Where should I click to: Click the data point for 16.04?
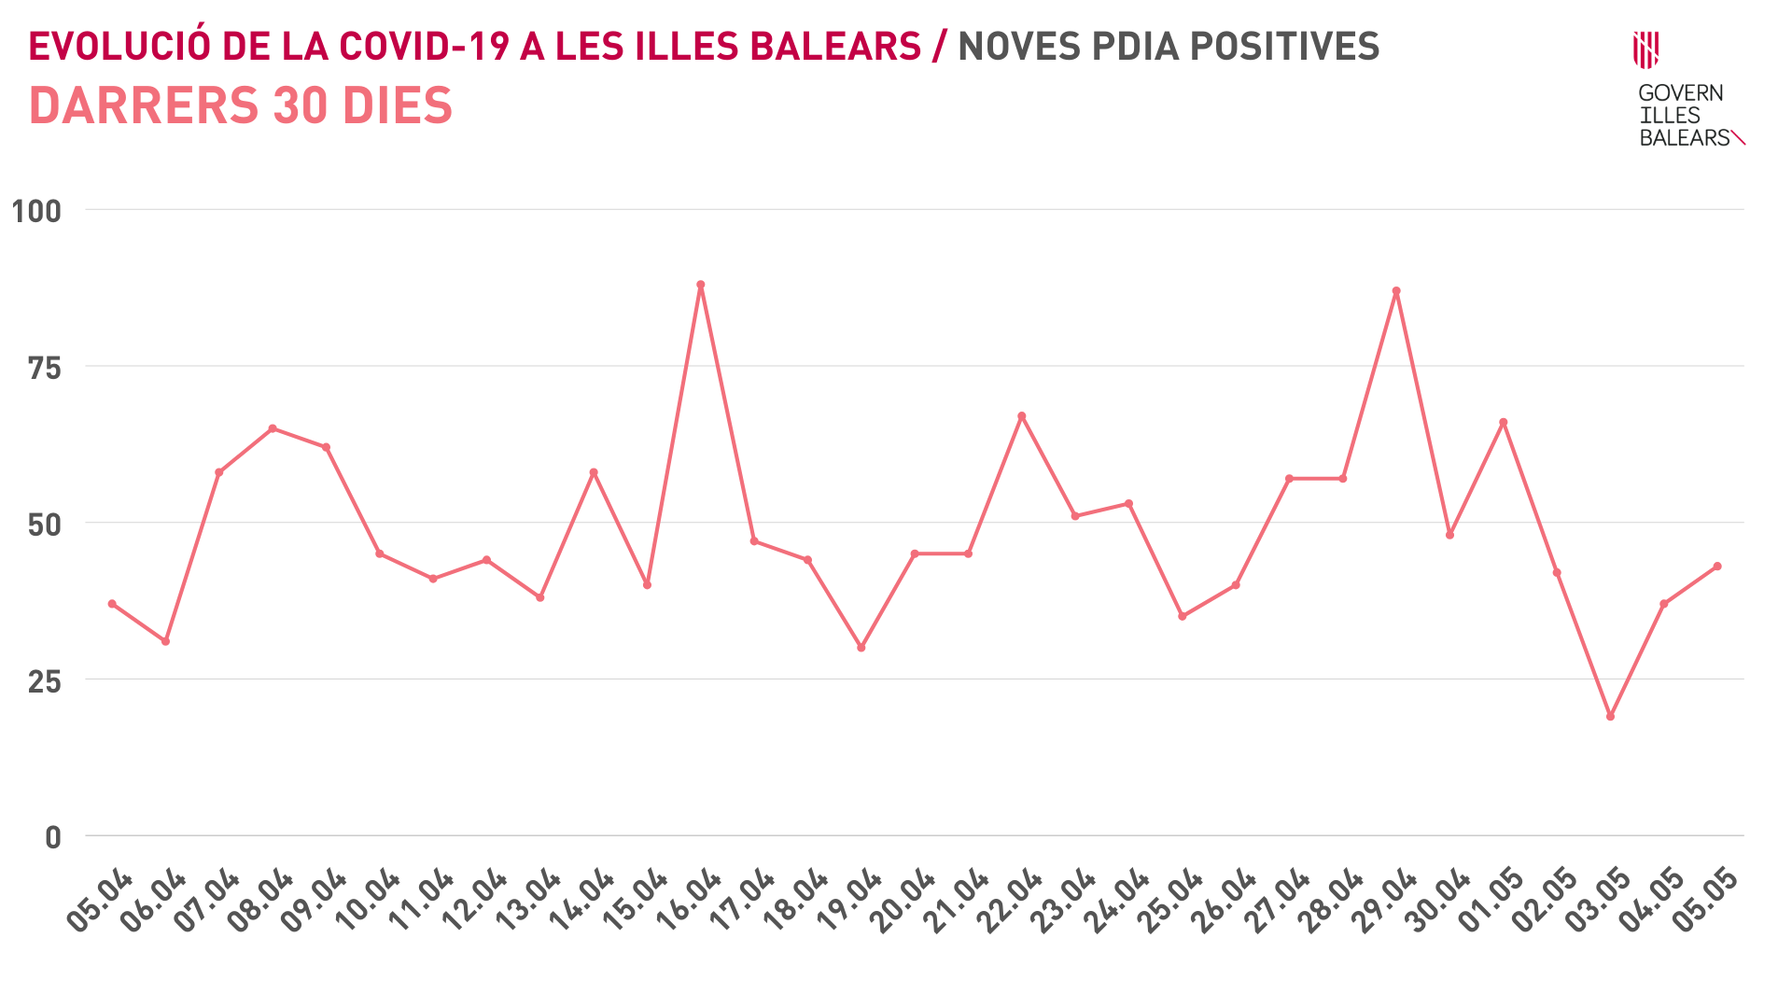(x=700, y=285)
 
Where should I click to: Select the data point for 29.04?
(x=1396, y=291)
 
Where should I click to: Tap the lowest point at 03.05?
(x=1610, y=716)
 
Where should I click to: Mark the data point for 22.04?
(x=1021, y=416)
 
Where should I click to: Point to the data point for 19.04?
(x=861, y=647)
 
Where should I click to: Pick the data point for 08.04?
(x=273, y=428)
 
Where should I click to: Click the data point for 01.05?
(x=1503, y=422)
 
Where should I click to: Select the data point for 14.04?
(x=594, y=472)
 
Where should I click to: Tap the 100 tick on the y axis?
(x=36, y=211)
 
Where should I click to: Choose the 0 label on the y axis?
(x=53, y=837)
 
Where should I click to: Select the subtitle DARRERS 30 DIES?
(x=241, y=105)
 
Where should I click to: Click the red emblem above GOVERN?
(x=1645, y=49)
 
